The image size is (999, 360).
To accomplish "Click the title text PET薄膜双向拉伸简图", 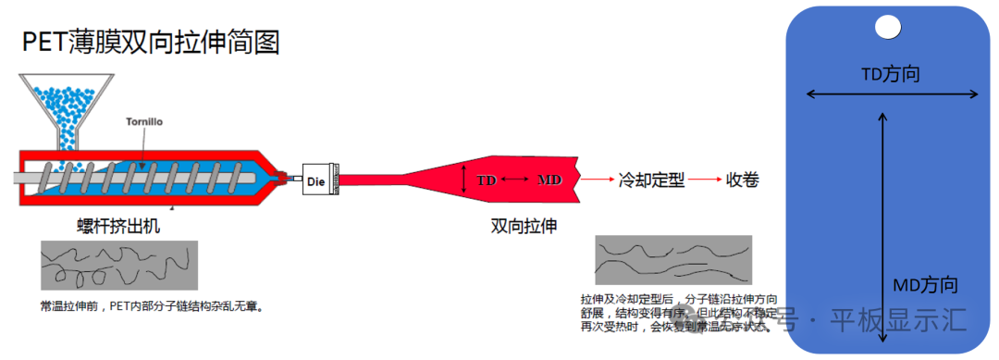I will point(151,42).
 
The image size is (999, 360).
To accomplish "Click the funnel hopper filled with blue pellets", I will point(68,106).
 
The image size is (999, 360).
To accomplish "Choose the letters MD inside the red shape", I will point(549,180).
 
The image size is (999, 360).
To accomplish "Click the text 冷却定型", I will point(651,180).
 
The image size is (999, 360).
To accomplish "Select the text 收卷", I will point(743,180).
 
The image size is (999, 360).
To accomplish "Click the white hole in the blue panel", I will point(887,28).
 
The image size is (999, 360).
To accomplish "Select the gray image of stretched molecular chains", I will point(672,260).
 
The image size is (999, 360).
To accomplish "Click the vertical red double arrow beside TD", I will point(465,180).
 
